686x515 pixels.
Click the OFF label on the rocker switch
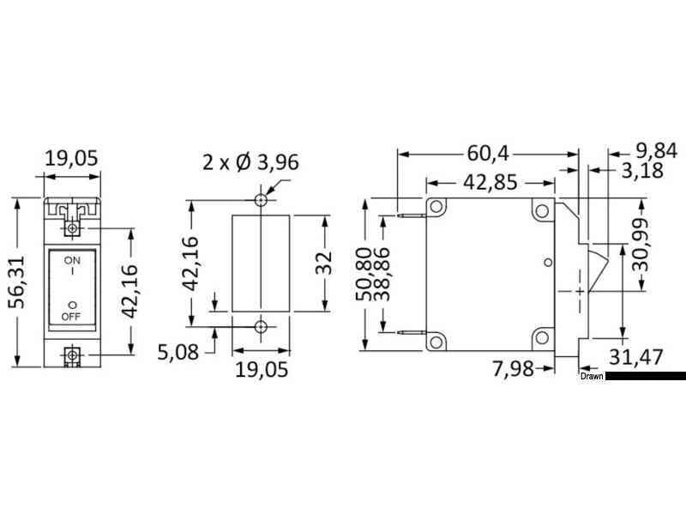pos(72,316)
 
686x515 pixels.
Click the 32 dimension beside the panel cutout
pos(324,265)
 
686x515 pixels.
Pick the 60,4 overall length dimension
pos(487,154)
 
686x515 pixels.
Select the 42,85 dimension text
pos(488,183)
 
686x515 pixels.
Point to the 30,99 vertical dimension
pos(641,245)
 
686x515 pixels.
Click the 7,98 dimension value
pos(514,368)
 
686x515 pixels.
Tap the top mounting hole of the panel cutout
pos(261,200)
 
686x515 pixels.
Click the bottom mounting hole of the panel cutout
pos(261,326)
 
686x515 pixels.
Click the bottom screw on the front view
pos(73,355)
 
